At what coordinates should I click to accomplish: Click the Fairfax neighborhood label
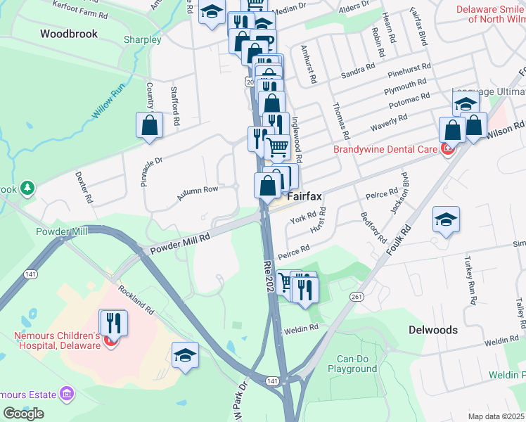pyautogui.click(x=304, y=197)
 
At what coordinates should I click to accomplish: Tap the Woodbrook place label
pyautogui.click(x=68, y=34)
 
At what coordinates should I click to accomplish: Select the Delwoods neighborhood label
pyautogui.click(x=432, y=330)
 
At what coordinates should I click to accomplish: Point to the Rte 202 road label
pyautogui.click(x=270, y=274)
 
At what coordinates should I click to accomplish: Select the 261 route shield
pyautogui.click(x=357, y=298)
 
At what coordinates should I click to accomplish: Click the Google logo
pyautogui.click(x=23, y=414)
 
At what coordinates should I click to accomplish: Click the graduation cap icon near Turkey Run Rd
pyautogui.click(x=446, y=220)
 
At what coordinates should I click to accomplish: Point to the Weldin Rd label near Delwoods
pyautogui.click(x=501, y=340)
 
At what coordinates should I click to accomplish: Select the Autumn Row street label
pyautogui.click(x=197, y=194)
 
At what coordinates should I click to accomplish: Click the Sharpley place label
pyautogui.click(x=142, y=40)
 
